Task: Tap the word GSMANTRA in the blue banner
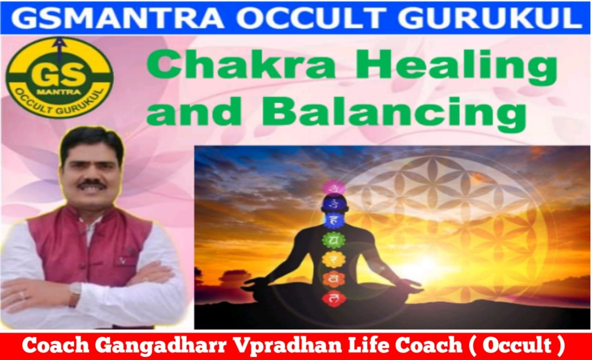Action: tap(117, 18)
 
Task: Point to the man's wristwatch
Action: tap(75, 291)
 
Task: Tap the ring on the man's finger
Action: tap(23, 295)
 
